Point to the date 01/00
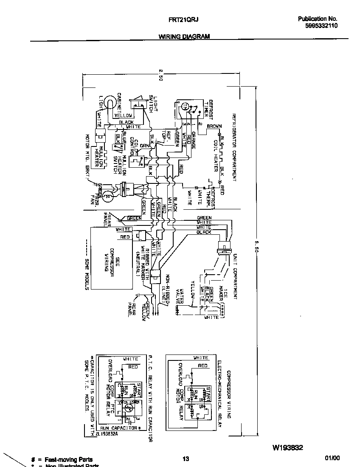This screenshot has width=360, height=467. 332,459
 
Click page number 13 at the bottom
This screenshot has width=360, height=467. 186,459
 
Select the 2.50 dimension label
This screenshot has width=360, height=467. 160,75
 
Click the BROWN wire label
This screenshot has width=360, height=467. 214,127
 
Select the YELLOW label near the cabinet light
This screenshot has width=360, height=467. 124,115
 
